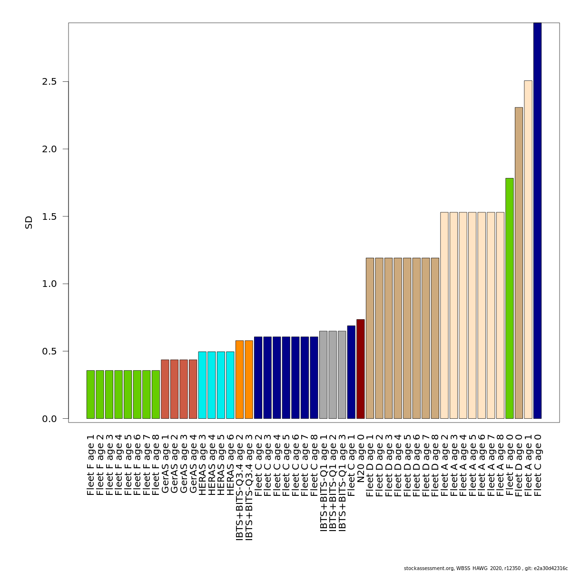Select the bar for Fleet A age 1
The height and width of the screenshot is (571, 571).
click(x=528, y=249)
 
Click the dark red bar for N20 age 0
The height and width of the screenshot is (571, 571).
click(x=361, y=369)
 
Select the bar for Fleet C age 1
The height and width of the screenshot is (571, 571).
click(x=351, y=372)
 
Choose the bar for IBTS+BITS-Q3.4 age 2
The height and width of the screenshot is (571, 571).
click(x=239, y=379)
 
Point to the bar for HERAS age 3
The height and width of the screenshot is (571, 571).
click(x=202, y=385)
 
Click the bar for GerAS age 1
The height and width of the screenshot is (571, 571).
click(x=165, y=389)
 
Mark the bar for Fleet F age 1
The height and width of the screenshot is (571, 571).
click(x=90, y=394)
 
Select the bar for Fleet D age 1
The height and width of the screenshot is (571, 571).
click(x=370, y=338)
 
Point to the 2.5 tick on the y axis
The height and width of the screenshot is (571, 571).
click(x=65, y=81)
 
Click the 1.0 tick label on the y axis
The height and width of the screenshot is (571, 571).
click(x=49, y=284)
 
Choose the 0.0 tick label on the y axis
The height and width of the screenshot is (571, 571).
click(x=49, y=419)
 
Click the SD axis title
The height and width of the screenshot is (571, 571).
click(x=29, y=222)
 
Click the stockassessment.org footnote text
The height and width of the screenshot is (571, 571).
click(x=485, y=568)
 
